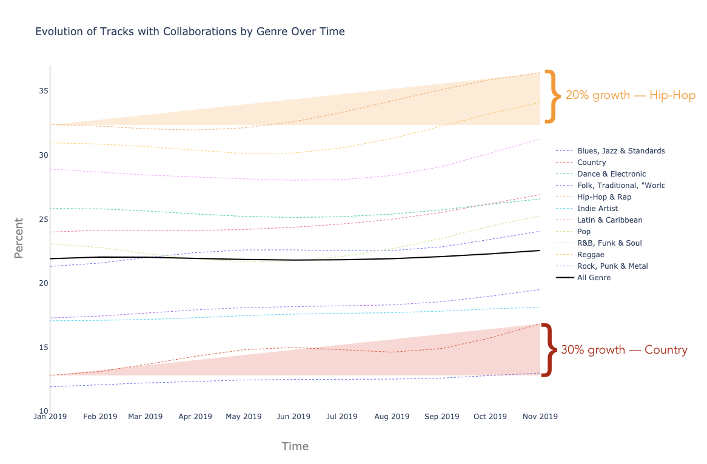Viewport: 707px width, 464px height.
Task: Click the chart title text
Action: [x=190, y=32]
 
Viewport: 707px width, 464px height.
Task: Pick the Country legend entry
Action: [x=591, y=163]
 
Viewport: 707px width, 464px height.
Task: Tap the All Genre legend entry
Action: [x=594, y=278]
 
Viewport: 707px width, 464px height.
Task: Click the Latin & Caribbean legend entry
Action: [x=609, y=220]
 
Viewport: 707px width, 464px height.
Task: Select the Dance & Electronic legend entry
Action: [x=611, y=174]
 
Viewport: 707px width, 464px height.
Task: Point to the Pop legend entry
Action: [x=584, y=232]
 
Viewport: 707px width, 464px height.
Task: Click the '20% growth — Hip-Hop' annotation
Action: [x=630, y=95]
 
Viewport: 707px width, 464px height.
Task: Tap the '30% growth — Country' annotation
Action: [x=624, y=350]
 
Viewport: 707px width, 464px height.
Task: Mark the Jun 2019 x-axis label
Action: [x=293, y=417]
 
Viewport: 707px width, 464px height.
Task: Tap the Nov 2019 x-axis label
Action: [x=540, y=417]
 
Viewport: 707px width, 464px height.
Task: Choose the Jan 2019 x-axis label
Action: [x=50, y=417]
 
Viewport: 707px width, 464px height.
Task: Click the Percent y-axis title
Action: [x=19, y=238]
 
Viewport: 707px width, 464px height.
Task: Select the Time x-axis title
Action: [x=295, y=446]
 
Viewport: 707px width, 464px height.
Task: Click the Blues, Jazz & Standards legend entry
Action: [x=621, y=151]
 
